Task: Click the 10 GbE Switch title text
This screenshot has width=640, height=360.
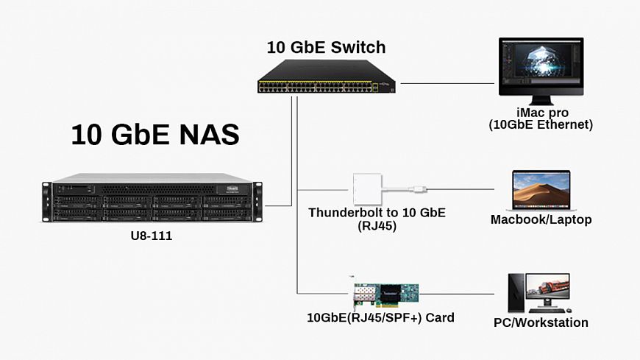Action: coord(326,48)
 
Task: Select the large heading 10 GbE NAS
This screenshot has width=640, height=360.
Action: coord(155,135)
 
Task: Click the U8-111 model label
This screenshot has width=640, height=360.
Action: coord(151,238)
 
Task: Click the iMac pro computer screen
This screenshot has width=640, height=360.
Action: coord(541,67)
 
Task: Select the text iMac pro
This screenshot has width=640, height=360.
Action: coord(541,114)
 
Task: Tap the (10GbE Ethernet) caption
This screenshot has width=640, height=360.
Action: coord(541,126)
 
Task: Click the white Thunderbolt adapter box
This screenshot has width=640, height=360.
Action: coord(367,188)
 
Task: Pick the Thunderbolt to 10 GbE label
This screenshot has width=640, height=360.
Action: coord(377,213)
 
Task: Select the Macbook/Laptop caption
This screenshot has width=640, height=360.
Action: coord(541,219)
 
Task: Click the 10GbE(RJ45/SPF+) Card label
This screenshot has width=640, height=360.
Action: coord(380,318)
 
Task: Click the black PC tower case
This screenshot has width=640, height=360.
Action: coord(516,294)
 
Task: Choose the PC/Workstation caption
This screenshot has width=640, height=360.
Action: coord(541,322)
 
